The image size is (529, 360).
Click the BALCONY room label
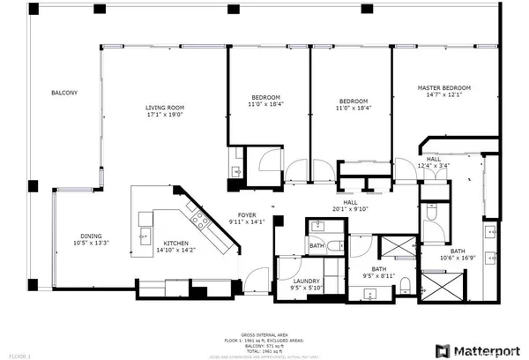point(63,93)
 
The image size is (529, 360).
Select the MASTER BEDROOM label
point(444,87)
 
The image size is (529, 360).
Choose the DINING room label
point(92,236)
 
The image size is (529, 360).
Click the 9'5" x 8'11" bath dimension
point(378,275)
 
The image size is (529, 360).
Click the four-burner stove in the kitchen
point(202,222)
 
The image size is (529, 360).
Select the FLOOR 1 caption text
point(16,354)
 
